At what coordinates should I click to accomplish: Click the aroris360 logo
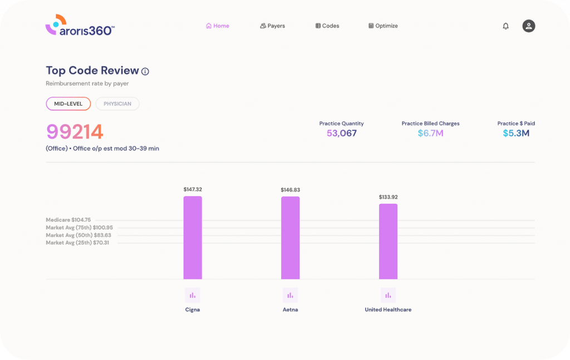(x=80, y=26)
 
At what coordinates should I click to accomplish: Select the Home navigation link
(x=217, y=26)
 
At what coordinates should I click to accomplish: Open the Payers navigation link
(x=272, y=26)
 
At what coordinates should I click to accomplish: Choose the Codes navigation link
(x=327, y=26)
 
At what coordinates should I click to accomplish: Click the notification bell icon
(x=505, y=26)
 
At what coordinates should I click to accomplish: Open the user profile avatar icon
(x=528, y=26)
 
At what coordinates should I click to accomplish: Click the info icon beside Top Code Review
(x=145, y=72)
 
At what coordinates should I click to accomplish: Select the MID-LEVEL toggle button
(x=68, y=104)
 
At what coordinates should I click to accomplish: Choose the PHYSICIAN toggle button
(x=117, y=104)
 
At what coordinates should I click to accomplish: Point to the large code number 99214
(x=75, y=132)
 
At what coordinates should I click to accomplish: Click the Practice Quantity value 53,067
(x=341, y=134)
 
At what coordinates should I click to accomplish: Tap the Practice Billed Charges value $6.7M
(x=430, y=134)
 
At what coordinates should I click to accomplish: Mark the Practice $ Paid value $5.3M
(x=516, y=134)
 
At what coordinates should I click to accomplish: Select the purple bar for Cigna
(x=193, y=238)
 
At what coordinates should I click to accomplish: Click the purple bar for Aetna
(x=290, y=238)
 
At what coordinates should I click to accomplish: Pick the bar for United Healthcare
(x=388, y=241)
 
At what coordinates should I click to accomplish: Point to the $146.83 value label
(x=290, y=190)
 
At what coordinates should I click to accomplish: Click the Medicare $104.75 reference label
(x=68, y=220)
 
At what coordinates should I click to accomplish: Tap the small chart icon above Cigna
(x=193, y=295)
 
